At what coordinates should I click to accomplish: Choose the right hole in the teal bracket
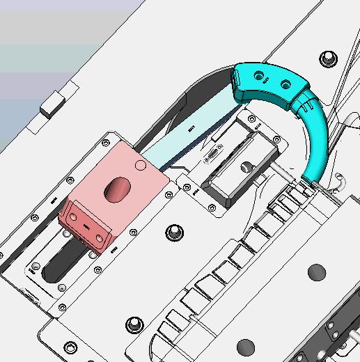[x=285, y=85]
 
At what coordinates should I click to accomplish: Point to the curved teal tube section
[x=318, y=139]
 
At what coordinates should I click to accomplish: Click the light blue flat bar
[x=188, y=132]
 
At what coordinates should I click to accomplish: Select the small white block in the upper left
[x=54, y=107]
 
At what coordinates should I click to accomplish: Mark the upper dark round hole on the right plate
[x=317, y=271]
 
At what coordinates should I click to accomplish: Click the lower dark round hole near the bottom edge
[x=245, y=346]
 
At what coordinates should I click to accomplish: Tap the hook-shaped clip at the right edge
[x=341, y=182]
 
